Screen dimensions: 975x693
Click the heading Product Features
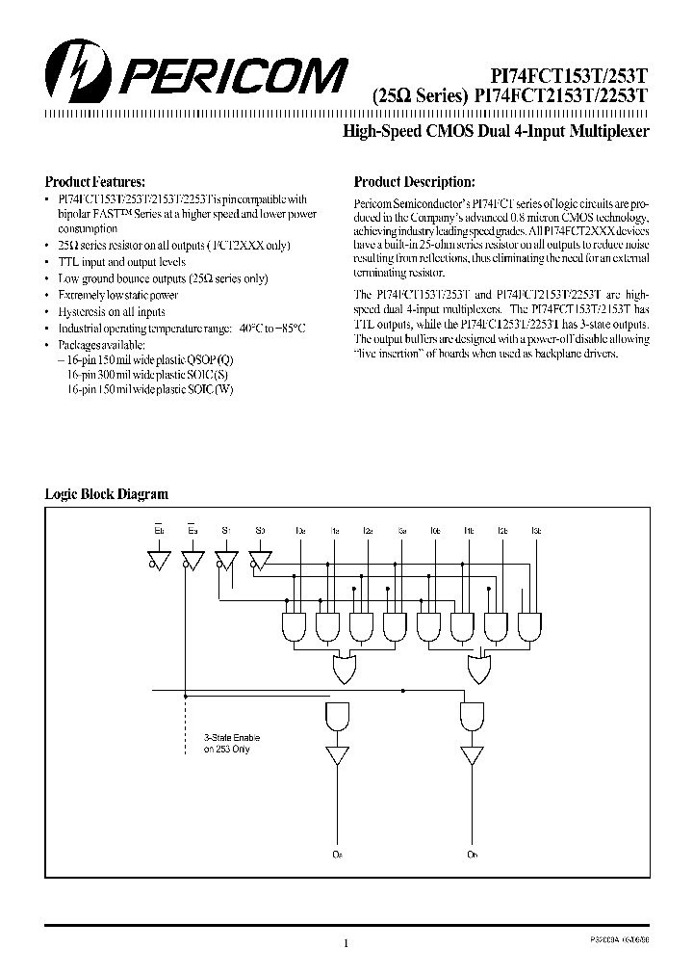[95, 181]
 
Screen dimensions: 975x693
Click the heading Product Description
[414, 181]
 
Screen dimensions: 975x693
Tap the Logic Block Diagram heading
[107, 494]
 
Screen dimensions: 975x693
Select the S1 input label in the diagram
[226, 531]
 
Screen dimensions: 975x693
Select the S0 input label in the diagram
[260, 531]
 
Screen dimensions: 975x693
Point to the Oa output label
[338, 854]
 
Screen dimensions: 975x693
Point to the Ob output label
[473, 854]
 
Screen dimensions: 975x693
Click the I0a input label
[301, 531]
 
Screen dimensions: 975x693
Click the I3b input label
[535, 531]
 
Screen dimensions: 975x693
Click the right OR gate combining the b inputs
[478, 668]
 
